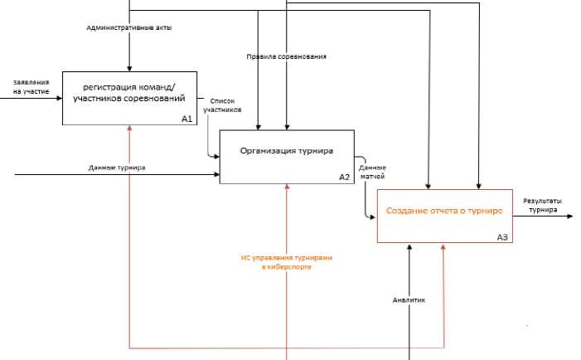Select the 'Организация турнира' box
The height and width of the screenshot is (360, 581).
tap(286, 152)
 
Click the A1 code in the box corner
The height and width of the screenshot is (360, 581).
tap(186, 119)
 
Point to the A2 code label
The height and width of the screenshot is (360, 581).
tap(345, 178)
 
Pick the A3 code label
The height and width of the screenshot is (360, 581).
tap(502, 237)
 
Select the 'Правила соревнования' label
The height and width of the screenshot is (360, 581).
tap(286, 56)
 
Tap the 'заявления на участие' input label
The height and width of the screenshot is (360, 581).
tap(31, 86)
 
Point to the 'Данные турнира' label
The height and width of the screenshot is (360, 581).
tap(117, 168)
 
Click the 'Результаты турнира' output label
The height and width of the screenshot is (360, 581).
tap(544, 205)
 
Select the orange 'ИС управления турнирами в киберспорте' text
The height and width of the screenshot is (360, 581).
tap(287, 262)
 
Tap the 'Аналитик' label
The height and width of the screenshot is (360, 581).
tap(409, 300)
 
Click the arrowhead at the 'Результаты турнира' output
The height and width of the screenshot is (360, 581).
tap(569, 217)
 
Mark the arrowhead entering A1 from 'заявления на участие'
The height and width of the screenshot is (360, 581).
tap(58, 99)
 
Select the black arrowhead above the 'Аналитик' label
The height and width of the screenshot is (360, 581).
tap(410, 247)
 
